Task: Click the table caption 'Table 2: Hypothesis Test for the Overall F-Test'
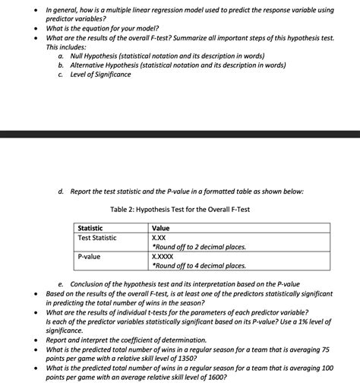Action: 179,209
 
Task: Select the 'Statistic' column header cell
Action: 93,228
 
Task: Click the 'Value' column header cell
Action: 161,228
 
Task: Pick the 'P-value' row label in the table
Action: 90,257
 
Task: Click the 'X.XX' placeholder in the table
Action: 160,238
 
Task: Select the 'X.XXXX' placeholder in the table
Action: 165,257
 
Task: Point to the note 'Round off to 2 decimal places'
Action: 199,247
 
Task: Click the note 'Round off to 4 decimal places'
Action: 199,266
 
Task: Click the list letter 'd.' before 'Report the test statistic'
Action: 61,191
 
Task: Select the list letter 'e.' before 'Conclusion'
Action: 61,284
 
